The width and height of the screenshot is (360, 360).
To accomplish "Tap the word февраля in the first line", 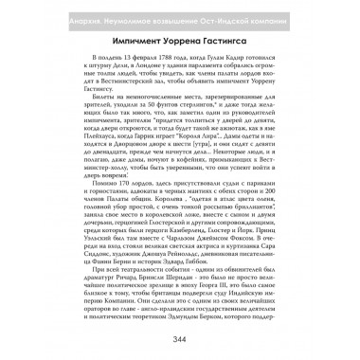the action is pos(117,58).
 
